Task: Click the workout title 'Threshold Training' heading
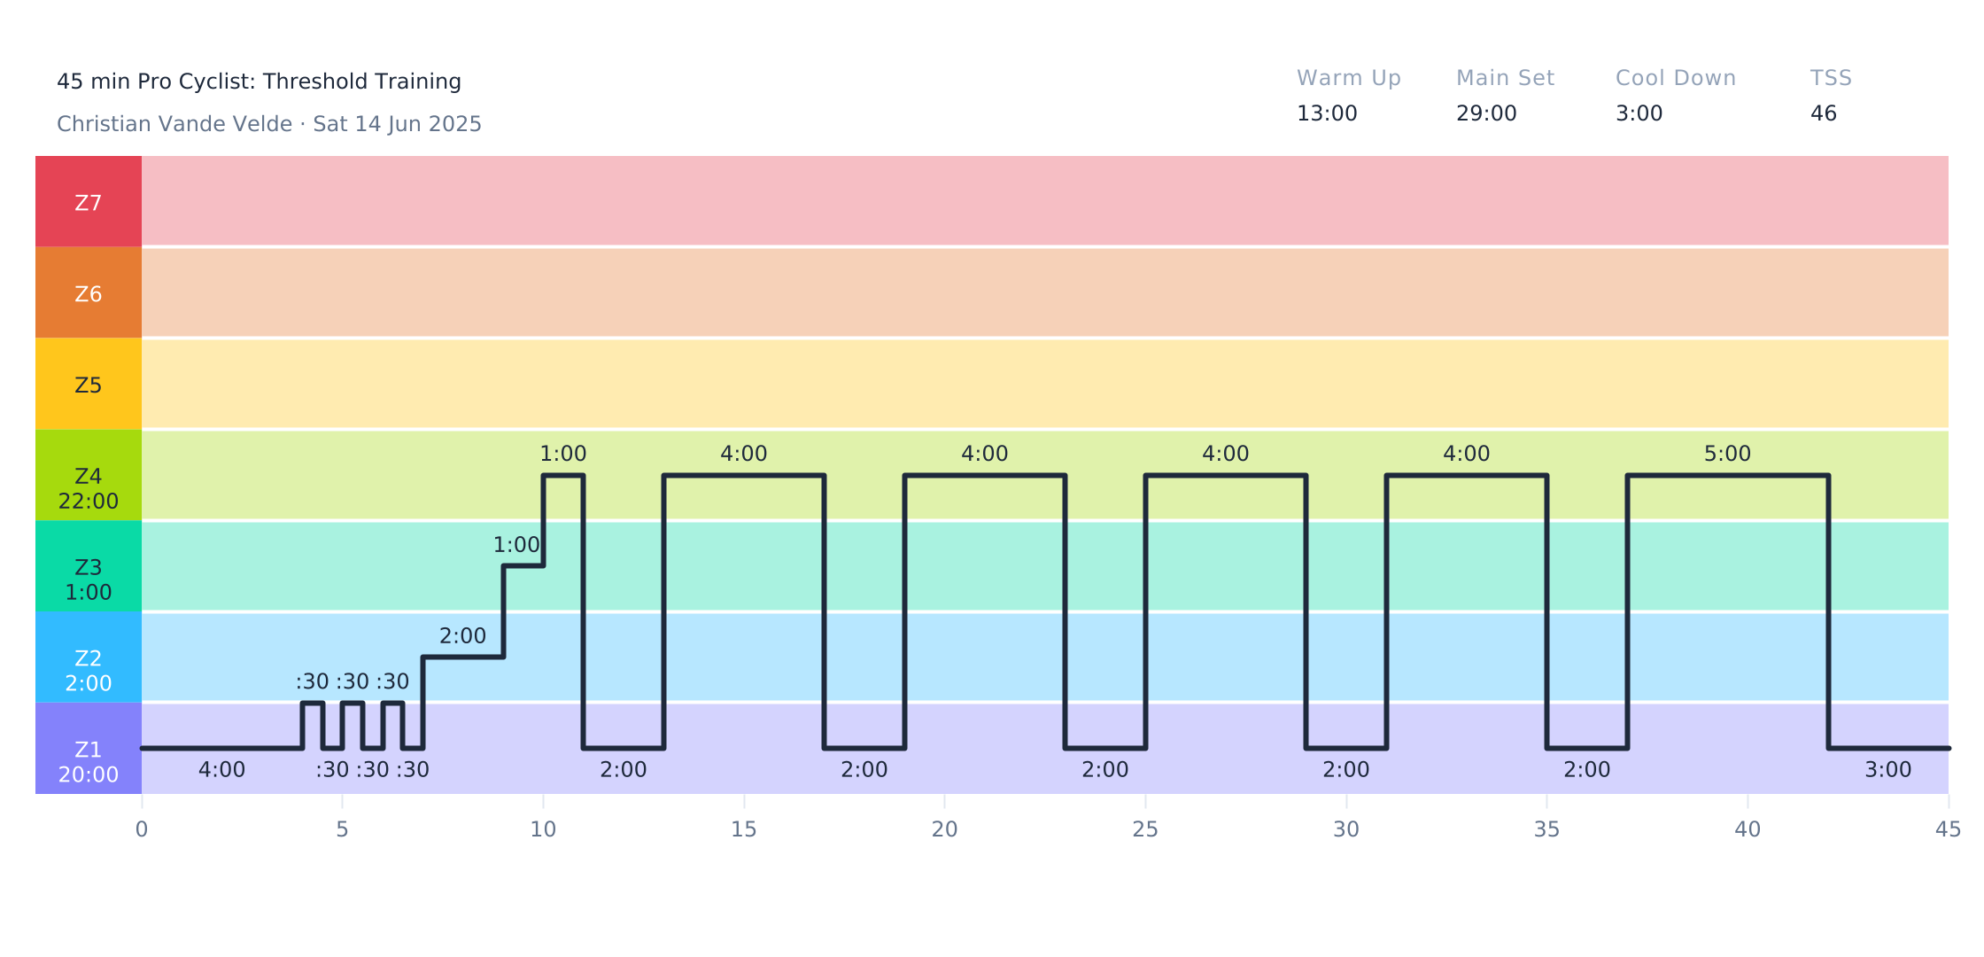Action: point(259,82)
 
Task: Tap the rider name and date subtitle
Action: point(268,124)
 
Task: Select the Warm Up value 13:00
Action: point(1326,113)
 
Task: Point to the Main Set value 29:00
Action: point(1485,113)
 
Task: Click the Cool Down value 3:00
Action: point(1639,113)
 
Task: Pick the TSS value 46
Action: point(1823,113)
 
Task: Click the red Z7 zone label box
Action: point(89,202)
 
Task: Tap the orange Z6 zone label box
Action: point(89,293)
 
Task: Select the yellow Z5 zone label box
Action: point(89,385)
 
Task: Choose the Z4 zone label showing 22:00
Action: point(89,488)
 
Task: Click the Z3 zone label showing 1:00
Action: point(89,580)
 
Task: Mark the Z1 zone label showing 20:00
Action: point(89,762)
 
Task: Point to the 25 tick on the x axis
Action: point(1145,829)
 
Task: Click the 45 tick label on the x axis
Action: point(1948,829)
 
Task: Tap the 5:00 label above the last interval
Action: point(1727,454)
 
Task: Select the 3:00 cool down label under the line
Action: point(1887,770)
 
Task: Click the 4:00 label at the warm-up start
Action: point(221,770)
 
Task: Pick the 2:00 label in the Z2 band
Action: point(462,636)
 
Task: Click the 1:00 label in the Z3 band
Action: point(515,545)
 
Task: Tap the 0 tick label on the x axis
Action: point(142,829)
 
